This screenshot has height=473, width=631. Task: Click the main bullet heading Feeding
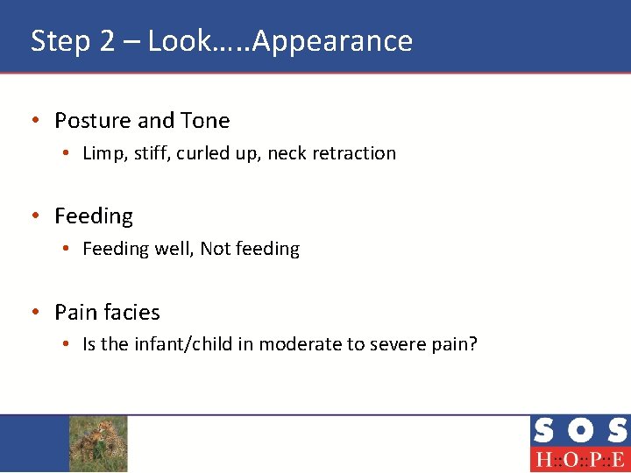94,216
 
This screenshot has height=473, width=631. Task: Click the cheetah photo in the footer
98,443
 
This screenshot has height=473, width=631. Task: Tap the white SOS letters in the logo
579,431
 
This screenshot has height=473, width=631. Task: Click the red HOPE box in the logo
579,460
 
